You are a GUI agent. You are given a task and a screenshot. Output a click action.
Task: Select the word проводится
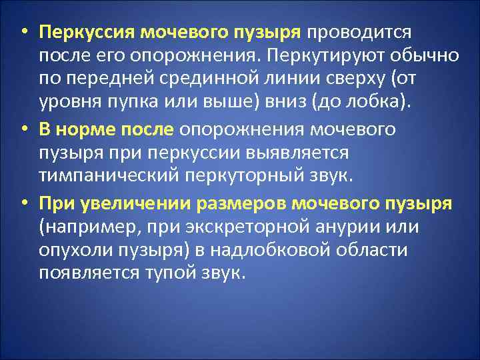pyautogui.click(x=360, y=32)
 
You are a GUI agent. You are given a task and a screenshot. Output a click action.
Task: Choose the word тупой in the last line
pyautogui.click(x=164, y=274)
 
